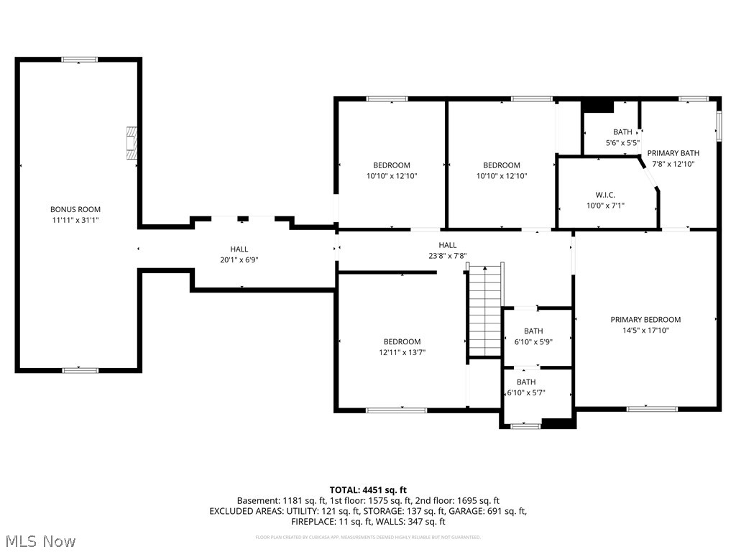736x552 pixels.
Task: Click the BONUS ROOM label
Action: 75,209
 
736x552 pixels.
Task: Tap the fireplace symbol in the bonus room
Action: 132,143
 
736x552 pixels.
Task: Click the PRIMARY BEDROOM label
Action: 645,320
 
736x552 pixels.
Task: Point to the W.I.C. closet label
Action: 605,195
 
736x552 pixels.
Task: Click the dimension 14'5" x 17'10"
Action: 645,331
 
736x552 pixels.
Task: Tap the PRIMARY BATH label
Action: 673,153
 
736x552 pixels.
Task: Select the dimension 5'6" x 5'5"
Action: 622,142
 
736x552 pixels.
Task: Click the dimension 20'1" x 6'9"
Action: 239,260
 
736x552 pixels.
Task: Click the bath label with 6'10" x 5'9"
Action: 533,331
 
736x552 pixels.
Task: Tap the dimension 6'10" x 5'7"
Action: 526,393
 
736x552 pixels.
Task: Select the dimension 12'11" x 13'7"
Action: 402,352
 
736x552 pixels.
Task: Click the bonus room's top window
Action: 79,60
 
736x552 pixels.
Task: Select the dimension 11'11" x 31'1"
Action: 75,220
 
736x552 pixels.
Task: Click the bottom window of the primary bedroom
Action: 652,409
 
